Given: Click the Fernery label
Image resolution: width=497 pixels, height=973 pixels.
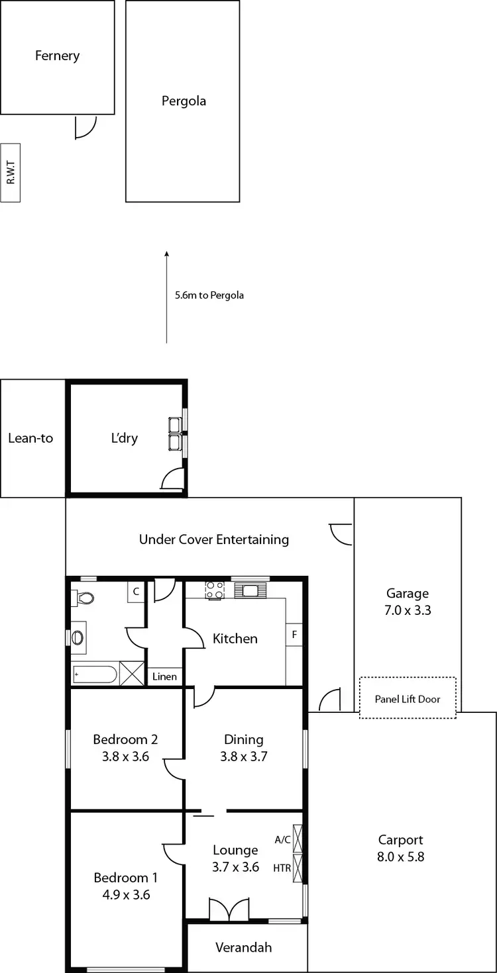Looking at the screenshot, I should [x=57, y=56].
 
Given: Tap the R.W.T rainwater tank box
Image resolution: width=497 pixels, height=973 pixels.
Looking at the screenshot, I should [x=11, y=173].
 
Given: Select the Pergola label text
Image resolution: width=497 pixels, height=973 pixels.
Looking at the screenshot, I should [x=184, y=101].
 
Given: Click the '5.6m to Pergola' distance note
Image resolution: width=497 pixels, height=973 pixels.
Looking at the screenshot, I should [x=209, y=295].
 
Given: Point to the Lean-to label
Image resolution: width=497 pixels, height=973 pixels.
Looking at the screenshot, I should [x=30, y=438].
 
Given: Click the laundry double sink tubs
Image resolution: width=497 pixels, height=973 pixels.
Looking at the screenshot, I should [x=176, y=434].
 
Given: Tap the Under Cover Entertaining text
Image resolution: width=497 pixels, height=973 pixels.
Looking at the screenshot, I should [x=213, y=539].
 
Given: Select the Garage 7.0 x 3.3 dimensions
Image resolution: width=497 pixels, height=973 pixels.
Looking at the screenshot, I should [x=408, y=610].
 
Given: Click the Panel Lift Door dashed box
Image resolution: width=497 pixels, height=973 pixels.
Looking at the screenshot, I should [x=407, y=698].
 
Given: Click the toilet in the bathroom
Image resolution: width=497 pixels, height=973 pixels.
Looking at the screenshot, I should [x=84, y=598].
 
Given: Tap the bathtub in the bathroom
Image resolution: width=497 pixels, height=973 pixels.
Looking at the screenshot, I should [x=94, y=675].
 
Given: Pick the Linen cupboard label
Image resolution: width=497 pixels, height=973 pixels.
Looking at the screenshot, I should [x=164, y=676].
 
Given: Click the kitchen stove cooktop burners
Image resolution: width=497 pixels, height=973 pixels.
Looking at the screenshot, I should [x=215, y=590].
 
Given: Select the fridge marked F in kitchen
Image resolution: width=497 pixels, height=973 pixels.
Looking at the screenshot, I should [x=294, y=635].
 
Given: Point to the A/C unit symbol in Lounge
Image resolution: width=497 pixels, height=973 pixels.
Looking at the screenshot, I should [x=297, y=839].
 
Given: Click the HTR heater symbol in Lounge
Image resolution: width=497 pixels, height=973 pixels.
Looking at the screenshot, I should [x=297, y=868].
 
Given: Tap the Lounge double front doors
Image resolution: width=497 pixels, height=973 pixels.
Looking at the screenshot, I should [x=229, y=909].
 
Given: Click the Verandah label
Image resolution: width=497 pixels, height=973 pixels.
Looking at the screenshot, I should [x=243, y=947].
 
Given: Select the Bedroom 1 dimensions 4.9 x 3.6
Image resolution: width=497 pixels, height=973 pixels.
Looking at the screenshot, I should [x=125, y=895].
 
